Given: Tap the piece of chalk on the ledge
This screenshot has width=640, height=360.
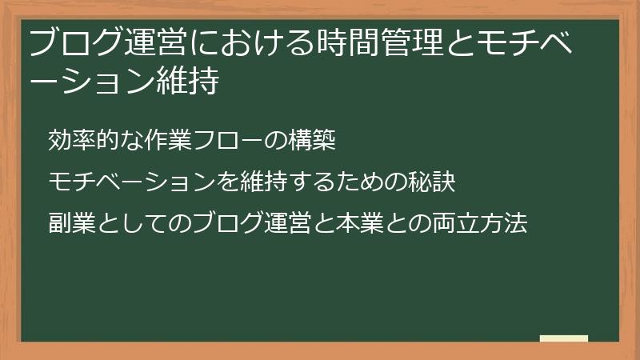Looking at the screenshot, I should click(x=563, y=339).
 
